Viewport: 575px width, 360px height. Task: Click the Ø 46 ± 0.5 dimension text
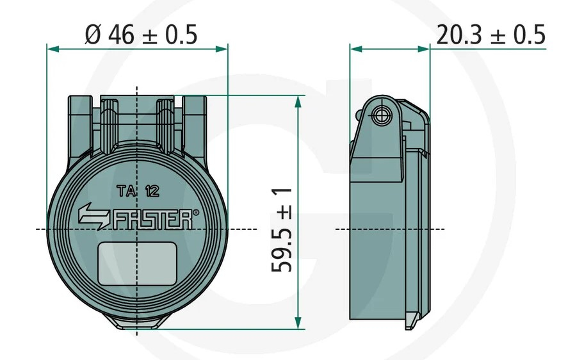tap(141, 35)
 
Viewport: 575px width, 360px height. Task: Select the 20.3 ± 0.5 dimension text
tap(490, 35)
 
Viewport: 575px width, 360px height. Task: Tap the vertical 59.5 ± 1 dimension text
tap(282, 229)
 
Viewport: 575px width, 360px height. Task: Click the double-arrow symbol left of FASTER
tap(93, 217)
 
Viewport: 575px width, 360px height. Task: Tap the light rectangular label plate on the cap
tap(137, 263)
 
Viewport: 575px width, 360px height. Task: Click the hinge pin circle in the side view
tap(382, 115)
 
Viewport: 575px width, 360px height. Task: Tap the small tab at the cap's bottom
tap(136, 325)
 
